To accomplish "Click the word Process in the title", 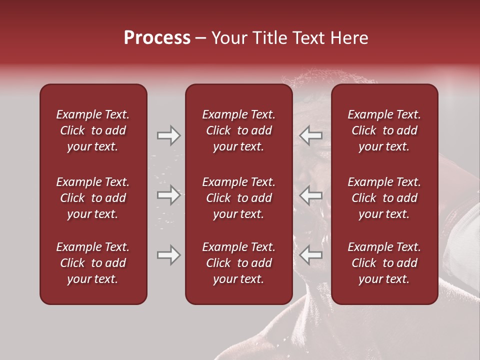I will [157, 38].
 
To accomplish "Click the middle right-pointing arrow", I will [168, 195].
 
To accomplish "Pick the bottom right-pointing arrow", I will [168, 255].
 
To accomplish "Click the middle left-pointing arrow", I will [311, 195].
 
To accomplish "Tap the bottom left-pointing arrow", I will [311, 255].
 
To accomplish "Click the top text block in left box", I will [93, 130].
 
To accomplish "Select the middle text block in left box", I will [93, 198].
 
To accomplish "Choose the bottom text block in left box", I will [93, 263].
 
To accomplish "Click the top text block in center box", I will [238, 130].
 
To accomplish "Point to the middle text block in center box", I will [238, 198].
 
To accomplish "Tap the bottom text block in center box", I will [238, 263].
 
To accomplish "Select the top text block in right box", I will [384, 130].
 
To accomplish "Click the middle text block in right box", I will [384, 198].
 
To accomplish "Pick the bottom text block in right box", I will [384, 263].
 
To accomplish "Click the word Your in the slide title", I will [227, 38].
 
